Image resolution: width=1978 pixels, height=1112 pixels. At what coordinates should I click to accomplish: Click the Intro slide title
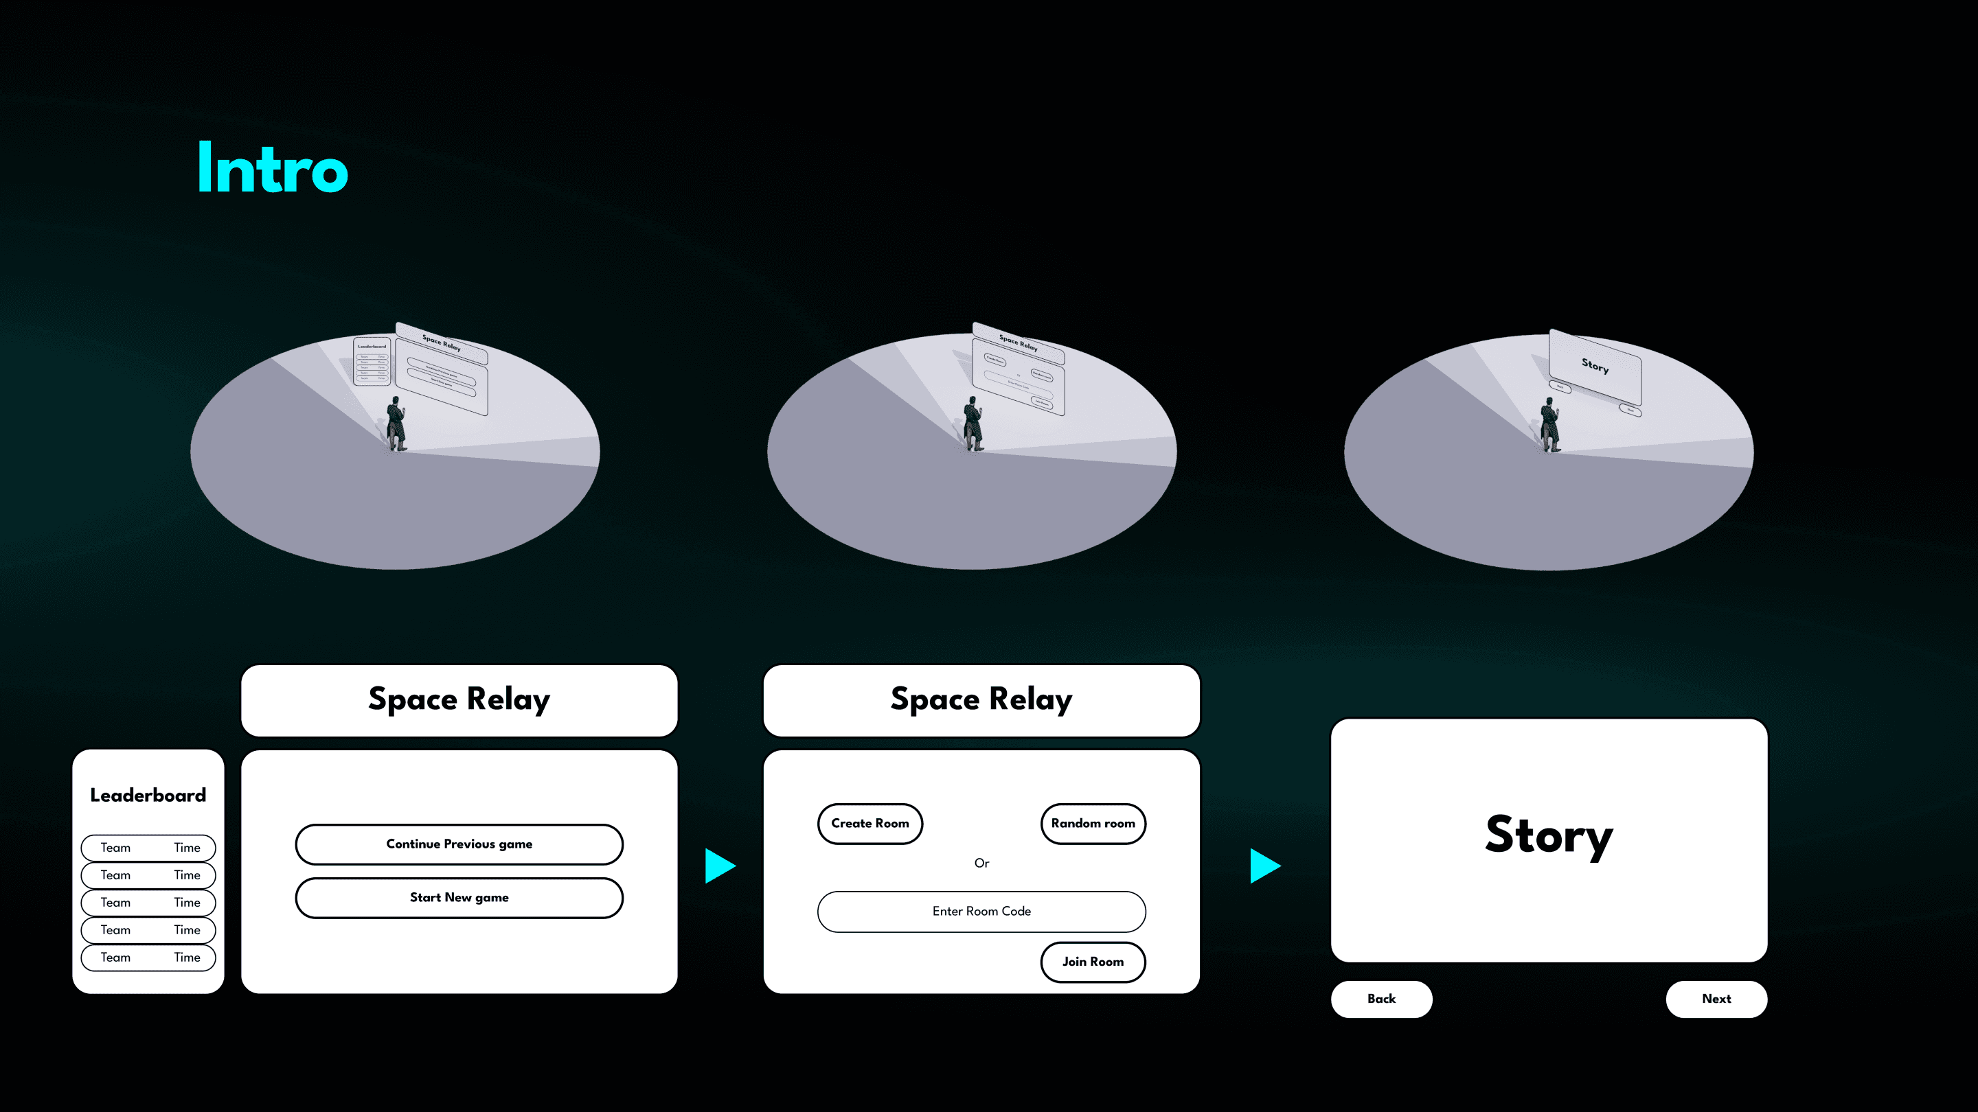tap(273, 168)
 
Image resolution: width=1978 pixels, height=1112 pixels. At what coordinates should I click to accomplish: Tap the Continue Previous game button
tap(459, 844)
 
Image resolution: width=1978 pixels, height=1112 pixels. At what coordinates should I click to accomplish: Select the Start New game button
tap(459, 898)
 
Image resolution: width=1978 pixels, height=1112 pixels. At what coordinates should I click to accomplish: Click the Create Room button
tap(870, 824)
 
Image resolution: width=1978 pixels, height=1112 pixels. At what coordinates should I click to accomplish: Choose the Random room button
tap(1093, 824)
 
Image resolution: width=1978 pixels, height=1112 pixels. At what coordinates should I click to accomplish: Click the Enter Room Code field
tap(981, 912)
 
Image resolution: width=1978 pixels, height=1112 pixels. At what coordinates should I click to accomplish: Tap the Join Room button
tap(1093, 962)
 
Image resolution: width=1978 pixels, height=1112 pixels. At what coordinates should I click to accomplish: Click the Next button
tap(1716, 999)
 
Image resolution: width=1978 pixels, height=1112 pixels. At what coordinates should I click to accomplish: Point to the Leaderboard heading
tap(148, 795)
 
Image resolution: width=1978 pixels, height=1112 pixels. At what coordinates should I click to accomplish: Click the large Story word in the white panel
tap(1549, 835)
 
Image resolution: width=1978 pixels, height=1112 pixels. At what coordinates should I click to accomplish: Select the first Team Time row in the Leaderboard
tap(148, 848)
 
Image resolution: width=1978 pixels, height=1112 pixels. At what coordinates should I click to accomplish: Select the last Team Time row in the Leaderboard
tap(148, 958)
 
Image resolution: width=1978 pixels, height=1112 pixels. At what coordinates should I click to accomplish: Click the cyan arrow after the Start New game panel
tap(720, 866)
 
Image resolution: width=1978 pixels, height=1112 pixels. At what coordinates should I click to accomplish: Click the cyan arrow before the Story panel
tap(1264, 866)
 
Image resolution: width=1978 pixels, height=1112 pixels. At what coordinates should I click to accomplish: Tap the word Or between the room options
tap(981, 864)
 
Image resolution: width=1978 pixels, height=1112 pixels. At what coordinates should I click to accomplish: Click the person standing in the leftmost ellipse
tap(396, 424)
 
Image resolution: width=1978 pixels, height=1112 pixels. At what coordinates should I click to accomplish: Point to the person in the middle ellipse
tap(973, 424)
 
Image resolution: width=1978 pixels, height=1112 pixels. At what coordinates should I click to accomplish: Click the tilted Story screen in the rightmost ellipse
tap(1595, 367)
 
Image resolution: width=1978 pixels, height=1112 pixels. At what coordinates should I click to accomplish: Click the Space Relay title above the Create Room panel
tap(981, 700)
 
